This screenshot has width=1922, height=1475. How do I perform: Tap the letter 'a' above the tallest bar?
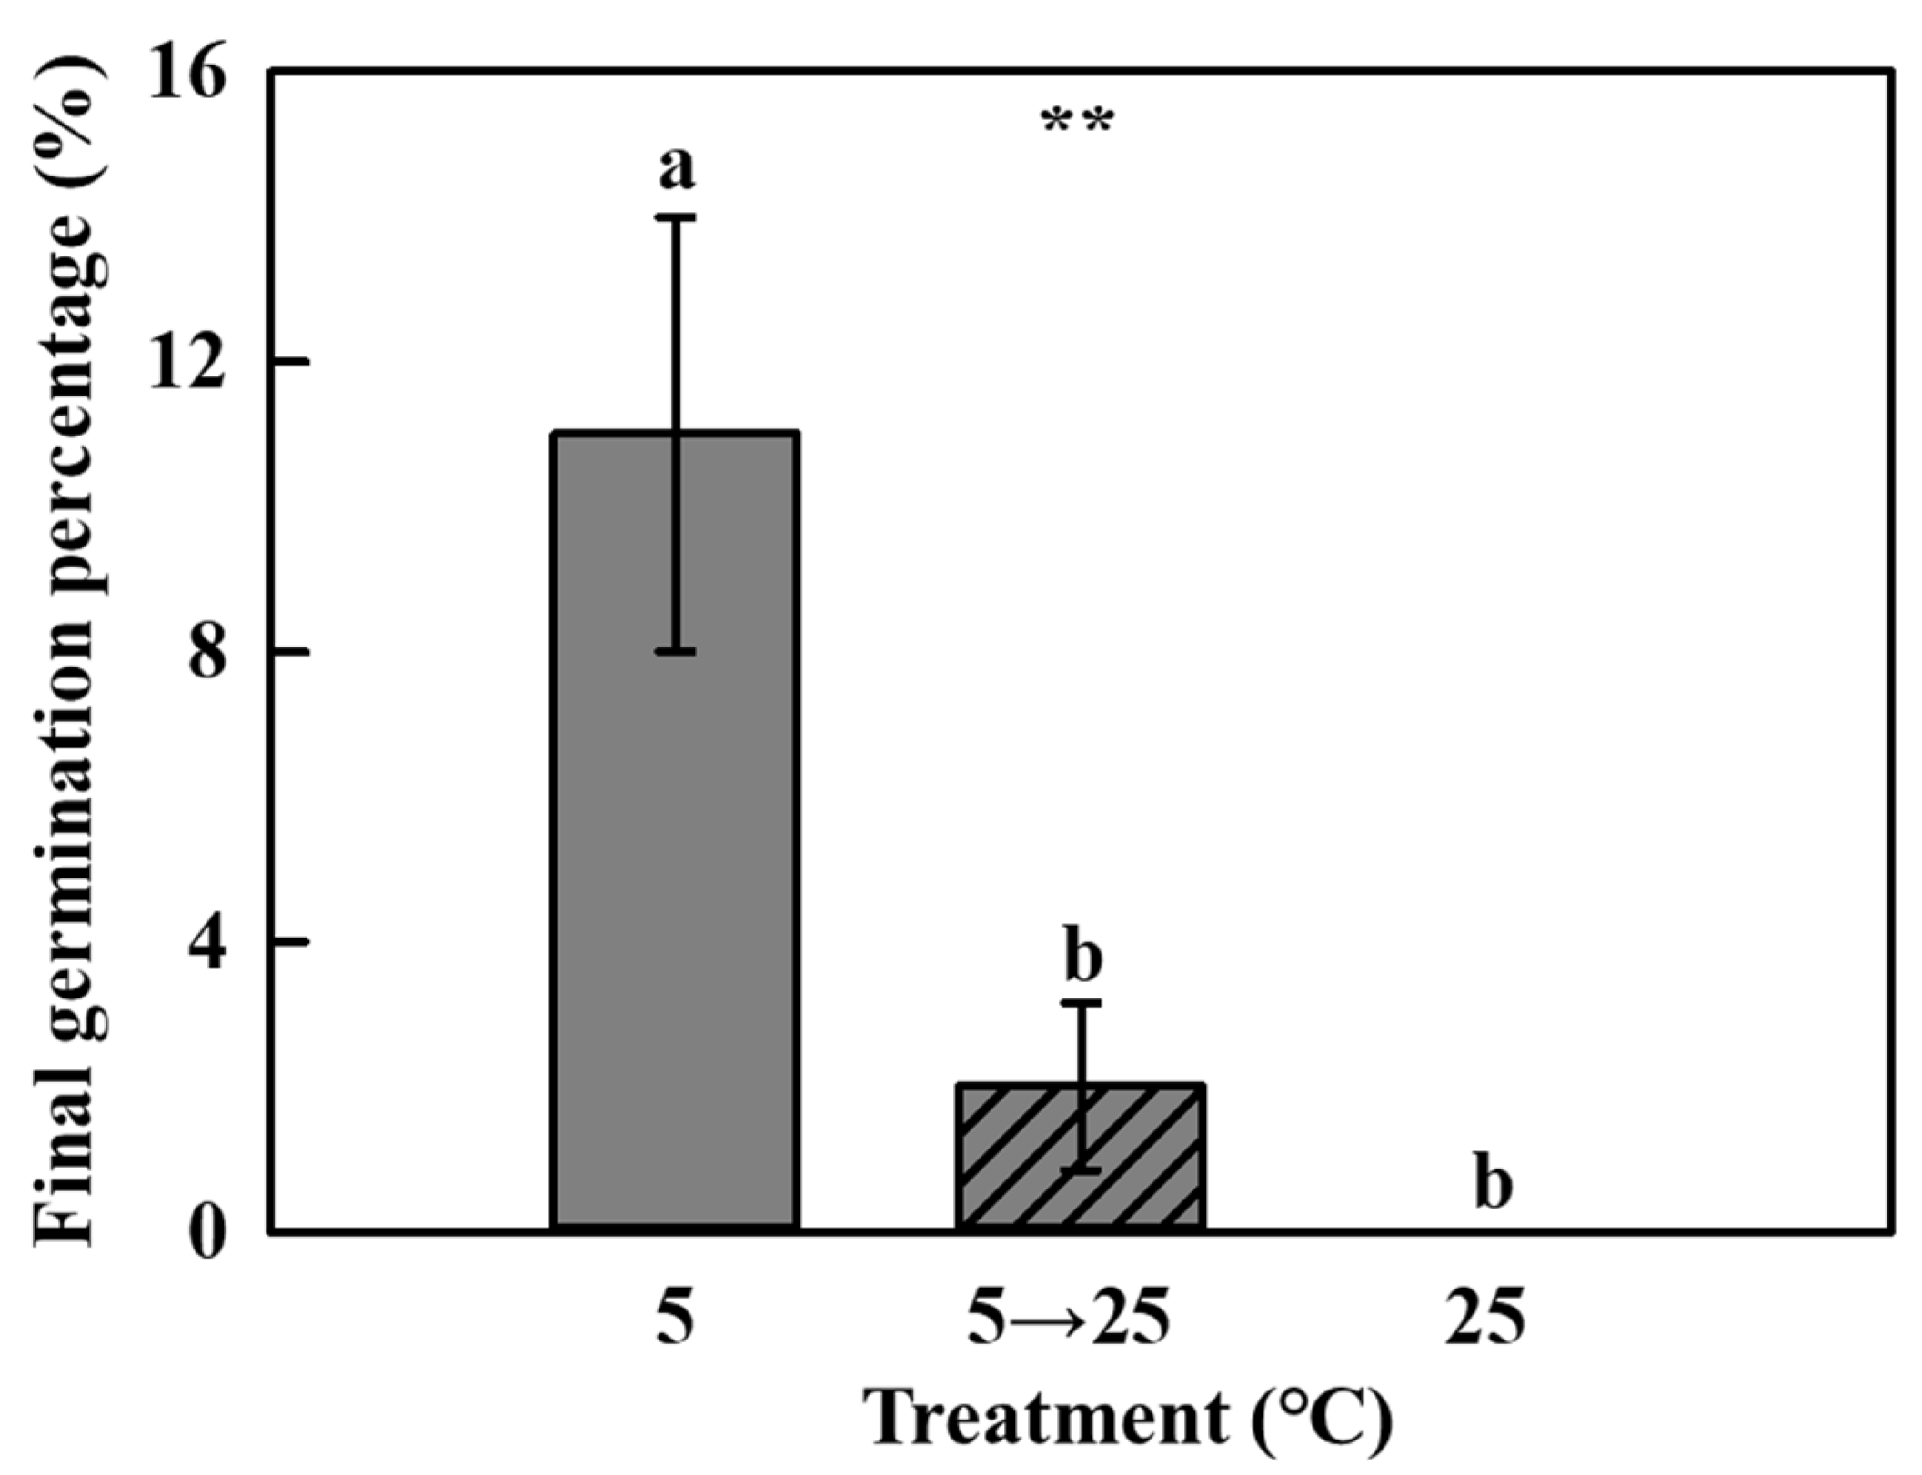click(677, 168)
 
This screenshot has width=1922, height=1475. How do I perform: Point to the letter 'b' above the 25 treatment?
click(1492, 1185)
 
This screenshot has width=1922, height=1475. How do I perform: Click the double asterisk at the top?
click(1077, 123)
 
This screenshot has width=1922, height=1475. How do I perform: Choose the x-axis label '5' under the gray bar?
click(675, 1319)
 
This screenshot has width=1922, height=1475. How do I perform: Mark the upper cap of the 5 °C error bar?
click(677, 217)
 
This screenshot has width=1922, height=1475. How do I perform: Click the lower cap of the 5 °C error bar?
click(677, 651)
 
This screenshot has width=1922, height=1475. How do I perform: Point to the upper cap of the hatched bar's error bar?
click(1082, 1003)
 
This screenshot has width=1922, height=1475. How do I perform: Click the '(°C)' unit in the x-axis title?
click(1323, 1420)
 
